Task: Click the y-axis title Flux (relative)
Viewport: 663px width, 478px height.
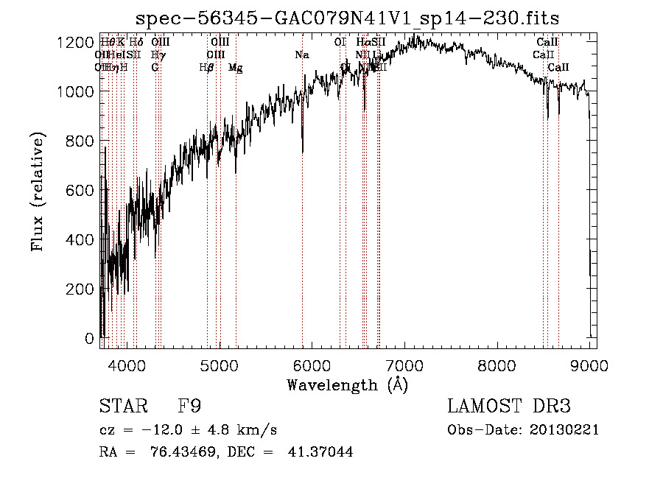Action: (x=38, y=191)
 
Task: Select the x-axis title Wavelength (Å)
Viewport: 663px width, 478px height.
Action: (x=347, y=384)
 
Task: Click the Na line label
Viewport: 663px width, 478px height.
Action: (x=301, y=55)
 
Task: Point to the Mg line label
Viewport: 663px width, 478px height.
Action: (x=236, y=67)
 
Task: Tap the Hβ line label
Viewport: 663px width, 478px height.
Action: (x=206, y=67)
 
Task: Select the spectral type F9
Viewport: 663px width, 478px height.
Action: (x=189, y=407)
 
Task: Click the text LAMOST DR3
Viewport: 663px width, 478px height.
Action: (x=508, y=407)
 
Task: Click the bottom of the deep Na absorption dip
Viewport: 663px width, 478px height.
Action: (x=303, y=152)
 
